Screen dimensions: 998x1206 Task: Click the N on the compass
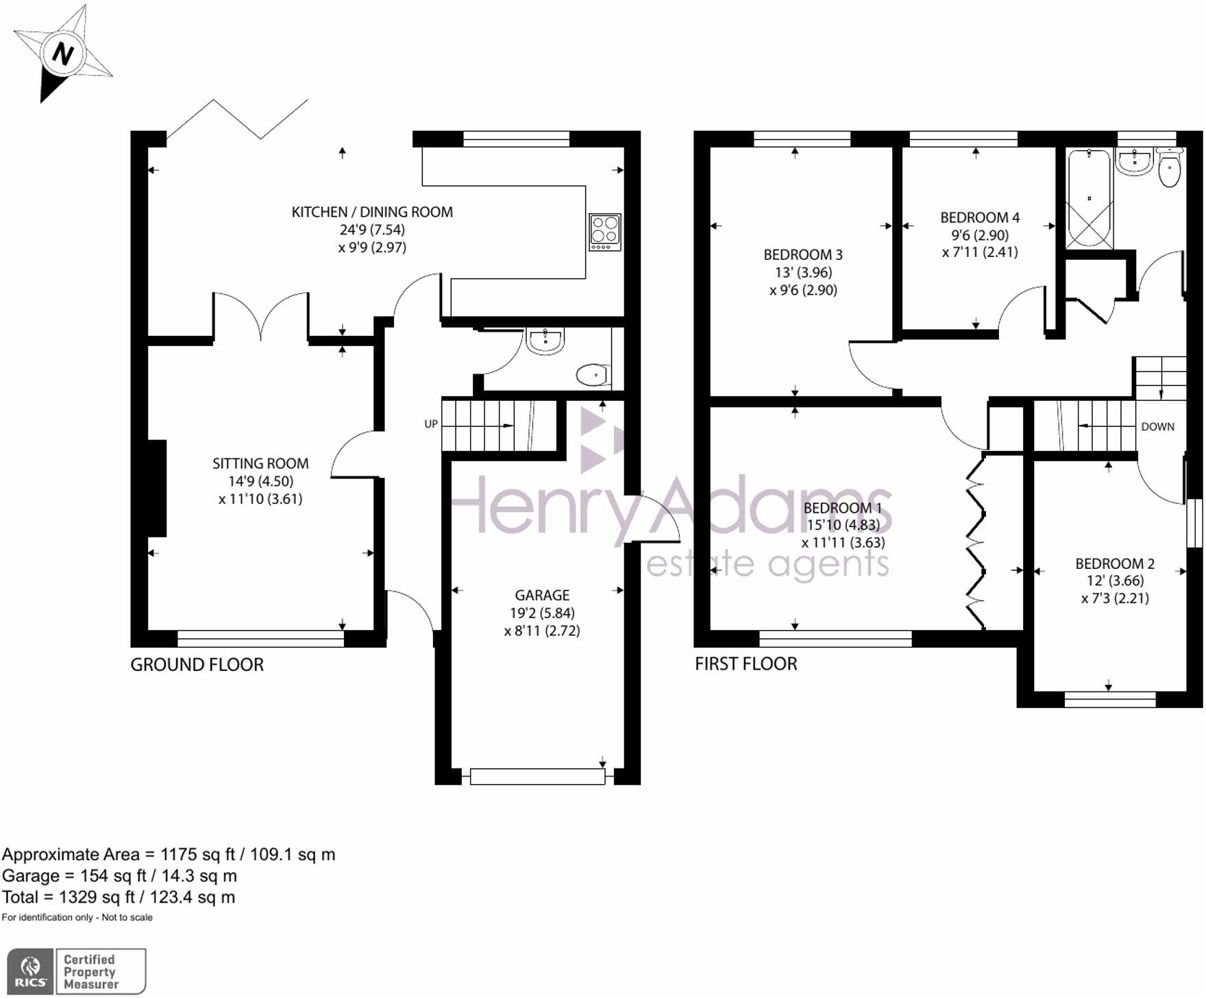pyautogui.click(x=62, y=53)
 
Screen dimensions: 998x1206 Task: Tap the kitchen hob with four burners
pyautogui.click(x=604, y=232)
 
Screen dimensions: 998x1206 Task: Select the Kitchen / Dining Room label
pyautogui.click(x=372, y=212)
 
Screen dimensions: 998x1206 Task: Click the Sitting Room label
pyautogui.click(x=260, y=464)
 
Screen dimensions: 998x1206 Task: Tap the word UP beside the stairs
pyautogui.click(x=431, y=424)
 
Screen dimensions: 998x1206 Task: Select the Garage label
pyautogui.click(x=542, y=596)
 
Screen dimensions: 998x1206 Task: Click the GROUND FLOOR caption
pyautogui.click(x=197, y=665)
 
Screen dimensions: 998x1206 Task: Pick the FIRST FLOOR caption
pyautogui.click(x=746, y=664)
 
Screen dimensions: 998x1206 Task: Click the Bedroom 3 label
pyautogui.click(x=803, y=255)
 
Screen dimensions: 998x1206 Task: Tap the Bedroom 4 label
pyautogui.click(x=980, y=218)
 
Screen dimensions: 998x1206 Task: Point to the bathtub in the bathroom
pyautogui.click(x=1089, y=199)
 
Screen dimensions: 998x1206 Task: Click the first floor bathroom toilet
pyautogui.click(x=1169, y=169)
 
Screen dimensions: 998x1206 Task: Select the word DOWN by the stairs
pyautogui.click(x=1157, y=427)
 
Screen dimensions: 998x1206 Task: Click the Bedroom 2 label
pyautogui.click(x=1115, y=564)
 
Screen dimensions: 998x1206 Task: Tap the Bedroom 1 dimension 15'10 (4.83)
pyautogui.click(x=843, y=526)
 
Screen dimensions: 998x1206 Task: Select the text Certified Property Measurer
pyautogui.click(x=90, y=972)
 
